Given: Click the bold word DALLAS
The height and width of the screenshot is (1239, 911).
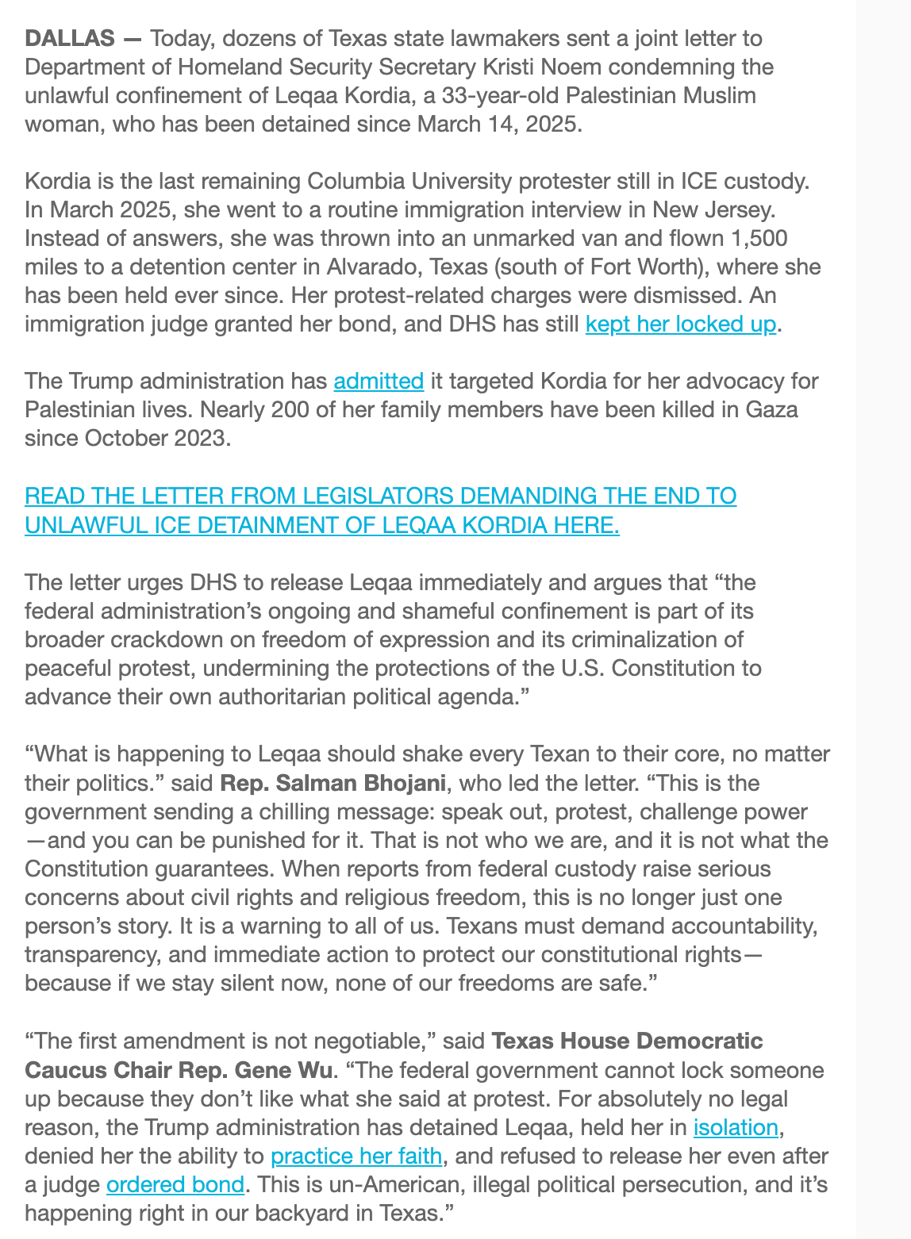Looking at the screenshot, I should pyautogui.click(x=70, y=38).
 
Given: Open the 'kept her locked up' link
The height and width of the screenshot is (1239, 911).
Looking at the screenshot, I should pyautogui.click(x=680, y=324).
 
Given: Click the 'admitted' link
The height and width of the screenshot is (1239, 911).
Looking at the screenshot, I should pyautogui.click(x=379, y=381).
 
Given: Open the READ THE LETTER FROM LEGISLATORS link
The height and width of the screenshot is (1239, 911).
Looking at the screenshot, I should pyautogui.click(x=380, y=496).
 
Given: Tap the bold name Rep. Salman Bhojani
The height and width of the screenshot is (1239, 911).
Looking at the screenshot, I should pyautogui.click(x=333, y=783).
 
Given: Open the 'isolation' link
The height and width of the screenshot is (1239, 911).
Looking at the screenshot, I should pyautogui.click(x=736, y=1127).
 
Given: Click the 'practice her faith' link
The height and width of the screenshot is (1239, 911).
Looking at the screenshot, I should pyautogui.click(x=356, y=1156).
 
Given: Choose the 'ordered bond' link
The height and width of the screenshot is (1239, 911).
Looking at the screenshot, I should pyautogui.click(x=175, y=1184).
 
